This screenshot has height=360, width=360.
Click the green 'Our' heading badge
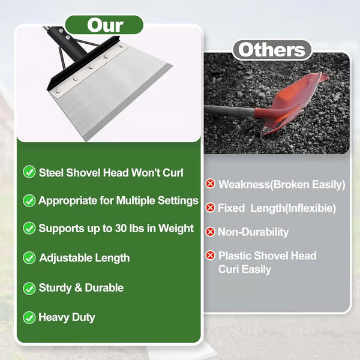click(x=104, y=25)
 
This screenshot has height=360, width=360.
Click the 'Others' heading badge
click(x=272, y=50)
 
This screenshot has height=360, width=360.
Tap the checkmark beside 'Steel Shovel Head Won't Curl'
click(x=29, y=172)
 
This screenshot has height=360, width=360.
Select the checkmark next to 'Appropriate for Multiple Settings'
click(x=29, y=200)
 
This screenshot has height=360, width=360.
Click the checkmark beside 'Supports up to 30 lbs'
click(x=29, y=229)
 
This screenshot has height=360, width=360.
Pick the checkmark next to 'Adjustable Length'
click(x=29, y=258)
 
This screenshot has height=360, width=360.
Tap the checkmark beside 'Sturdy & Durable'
click(x=29, y=288)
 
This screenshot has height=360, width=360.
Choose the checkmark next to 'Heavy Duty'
click(x=29, y=317)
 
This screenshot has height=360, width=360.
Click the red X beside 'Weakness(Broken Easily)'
click(x=210, y=184)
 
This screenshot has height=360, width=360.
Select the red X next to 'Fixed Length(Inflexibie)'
click(x=210, y=208)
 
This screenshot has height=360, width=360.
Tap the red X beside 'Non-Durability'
click(x=210, y=232)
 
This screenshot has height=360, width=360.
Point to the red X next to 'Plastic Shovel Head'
click(x=210, y=256)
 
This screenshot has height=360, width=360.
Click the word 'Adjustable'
click(x=65, y=258)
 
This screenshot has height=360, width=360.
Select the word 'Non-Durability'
click(x=253, y=232)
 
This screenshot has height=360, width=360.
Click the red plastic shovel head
click(x=294, y=102)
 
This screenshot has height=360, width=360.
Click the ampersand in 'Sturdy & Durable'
click(x=78, y=288)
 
